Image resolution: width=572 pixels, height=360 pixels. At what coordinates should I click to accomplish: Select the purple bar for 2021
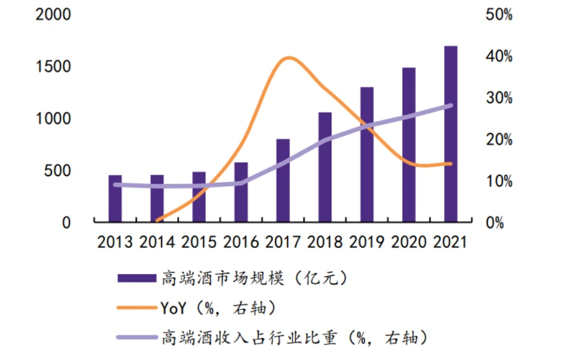(x=450, y=134)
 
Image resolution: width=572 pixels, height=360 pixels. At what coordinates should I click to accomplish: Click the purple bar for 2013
(x=115, y=199)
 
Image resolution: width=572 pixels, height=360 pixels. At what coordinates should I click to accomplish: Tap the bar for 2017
(x=283, y=181)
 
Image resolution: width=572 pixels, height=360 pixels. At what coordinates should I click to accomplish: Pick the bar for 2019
(x=366, y=155)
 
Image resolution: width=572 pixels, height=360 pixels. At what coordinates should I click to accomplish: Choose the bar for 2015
(x=199, y=197)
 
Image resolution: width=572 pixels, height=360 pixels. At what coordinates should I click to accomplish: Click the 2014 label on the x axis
(x=157, y=242)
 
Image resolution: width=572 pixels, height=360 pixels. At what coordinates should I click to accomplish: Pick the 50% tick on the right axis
(x=499, y=14)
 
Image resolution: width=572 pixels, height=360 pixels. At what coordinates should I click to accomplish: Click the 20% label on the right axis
(x=499, y=139)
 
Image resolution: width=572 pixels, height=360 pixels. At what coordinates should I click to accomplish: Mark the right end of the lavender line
(x=450, y=106)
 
